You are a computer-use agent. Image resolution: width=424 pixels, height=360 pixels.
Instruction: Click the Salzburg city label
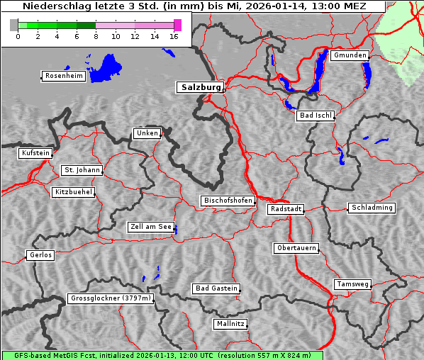point(199,87)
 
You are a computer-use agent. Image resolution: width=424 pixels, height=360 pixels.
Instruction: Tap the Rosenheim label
point(62,76)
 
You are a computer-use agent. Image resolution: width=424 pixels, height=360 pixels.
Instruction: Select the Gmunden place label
point(349,55)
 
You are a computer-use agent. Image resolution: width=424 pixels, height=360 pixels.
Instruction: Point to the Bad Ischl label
point(315,116)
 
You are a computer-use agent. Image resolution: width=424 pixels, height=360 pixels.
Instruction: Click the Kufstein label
point(35,153)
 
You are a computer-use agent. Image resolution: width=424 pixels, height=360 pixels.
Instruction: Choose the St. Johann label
point(82,170)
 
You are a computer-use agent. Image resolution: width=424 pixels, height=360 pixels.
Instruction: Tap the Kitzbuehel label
point(73,192)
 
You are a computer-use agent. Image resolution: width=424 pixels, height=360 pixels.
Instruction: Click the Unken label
point(147,133)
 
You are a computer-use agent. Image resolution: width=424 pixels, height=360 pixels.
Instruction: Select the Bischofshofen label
point(228,201)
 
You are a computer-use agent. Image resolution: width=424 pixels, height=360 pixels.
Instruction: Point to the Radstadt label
point(286,209)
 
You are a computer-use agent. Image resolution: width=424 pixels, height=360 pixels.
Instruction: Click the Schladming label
point(371,208)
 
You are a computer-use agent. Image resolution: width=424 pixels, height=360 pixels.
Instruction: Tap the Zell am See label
point(150,227)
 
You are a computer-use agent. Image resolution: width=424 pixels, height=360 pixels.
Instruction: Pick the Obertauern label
point(296,248)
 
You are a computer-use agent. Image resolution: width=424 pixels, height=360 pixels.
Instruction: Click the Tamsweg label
point(352,284)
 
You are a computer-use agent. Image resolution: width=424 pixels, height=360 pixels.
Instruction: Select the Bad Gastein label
point(216,288)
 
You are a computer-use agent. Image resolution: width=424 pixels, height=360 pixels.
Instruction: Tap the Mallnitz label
point(230,324)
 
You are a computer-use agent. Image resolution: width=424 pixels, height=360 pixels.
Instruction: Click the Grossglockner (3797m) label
point(110,298)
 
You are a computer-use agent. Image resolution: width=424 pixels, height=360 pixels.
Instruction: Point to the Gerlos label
point(40,255)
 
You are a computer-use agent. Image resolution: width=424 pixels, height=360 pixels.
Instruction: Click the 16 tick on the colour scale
point(174,36)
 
